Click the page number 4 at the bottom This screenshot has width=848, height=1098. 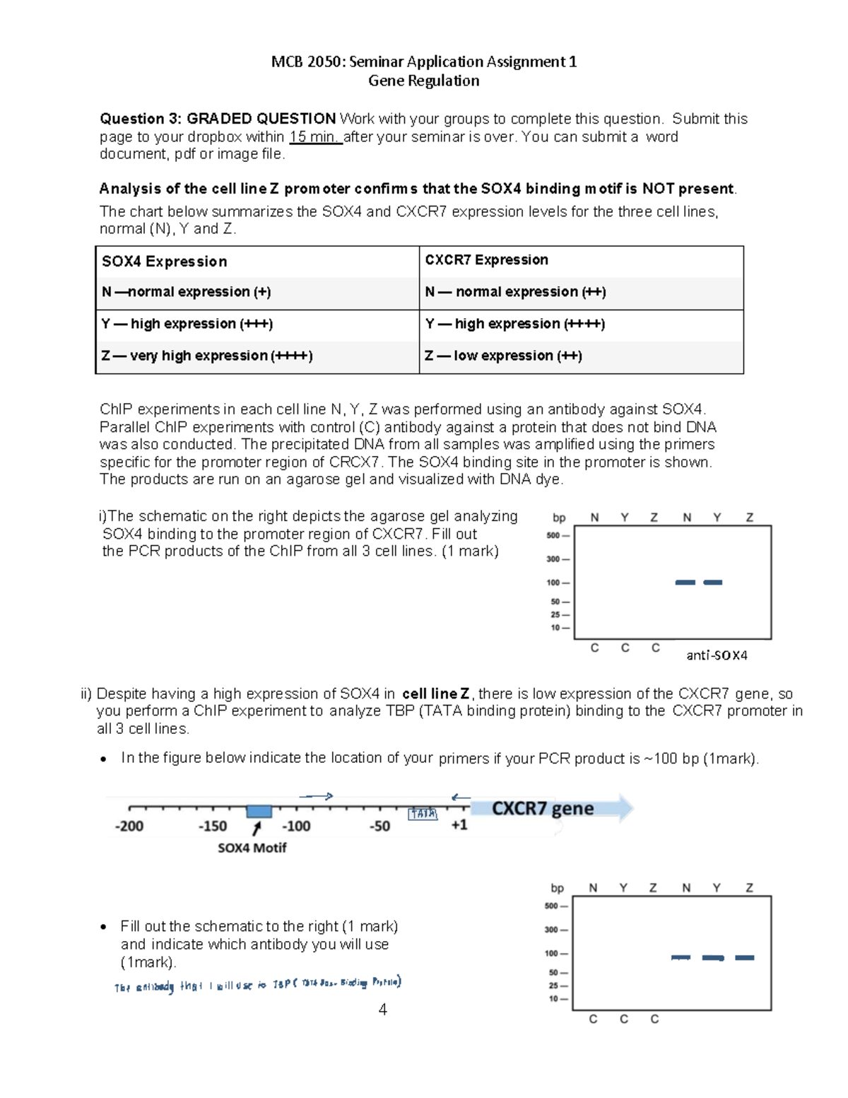tap(382, 1010)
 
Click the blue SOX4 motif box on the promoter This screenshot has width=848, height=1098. tap(259, 811)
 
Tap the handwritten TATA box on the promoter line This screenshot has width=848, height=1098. tap(423, 814)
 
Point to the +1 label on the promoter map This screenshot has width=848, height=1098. tap(459, 825)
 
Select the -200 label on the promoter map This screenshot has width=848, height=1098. tap(129, 826)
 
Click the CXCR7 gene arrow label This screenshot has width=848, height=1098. tap(542, 808)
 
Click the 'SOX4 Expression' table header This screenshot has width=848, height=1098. tap(164, 262)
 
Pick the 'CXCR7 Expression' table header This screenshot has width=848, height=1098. tap(486, 260)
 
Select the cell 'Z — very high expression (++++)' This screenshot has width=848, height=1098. tap(206, 356)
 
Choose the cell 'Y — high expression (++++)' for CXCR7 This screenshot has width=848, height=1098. tap(514, 324)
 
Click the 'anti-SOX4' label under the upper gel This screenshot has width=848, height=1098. tap(717, 655)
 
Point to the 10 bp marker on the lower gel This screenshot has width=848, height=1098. tap(553, 999)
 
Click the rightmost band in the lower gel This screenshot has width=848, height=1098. tap(745, 958)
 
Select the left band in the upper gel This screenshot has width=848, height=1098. tap(685, 583)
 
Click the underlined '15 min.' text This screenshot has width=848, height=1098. tap(315, 137)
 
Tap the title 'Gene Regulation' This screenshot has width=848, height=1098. tap(423, 81)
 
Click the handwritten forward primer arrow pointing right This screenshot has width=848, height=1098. tap(316, 797)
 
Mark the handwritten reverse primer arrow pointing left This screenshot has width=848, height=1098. tap(461, 798)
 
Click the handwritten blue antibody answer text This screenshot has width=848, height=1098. tap(258, 985)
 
